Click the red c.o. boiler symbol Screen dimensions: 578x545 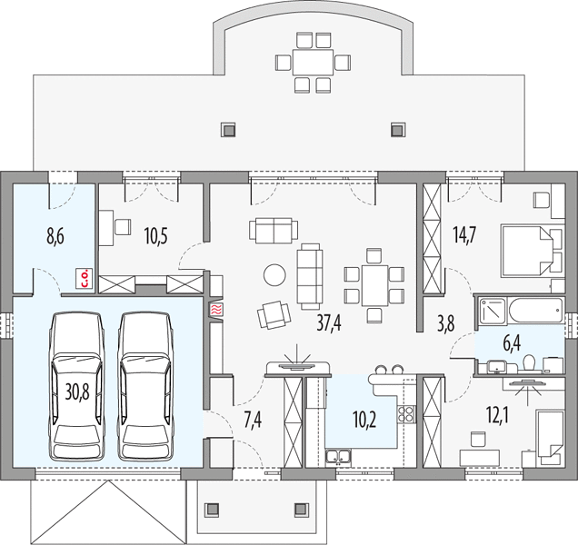pyautogui.click(x=85, y=278)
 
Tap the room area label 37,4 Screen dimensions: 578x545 pyautogui.click(x=329, y=323)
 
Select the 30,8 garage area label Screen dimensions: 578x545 pyautogui.click(x=77, y=391)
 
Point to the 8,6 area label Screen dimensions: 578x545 pyautogui.click(x=55, y=236)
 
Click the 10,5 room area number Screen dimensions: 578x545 pyautogui.click(x=156, y=236)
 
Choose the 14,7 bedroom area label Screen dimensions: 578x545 pyautogui.click(x=464, y=234)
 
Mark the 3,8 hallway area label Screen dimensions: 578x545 pyautogui.click(x=445, y=323)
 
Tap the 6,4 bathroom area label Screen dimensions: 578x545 pyautogui.click(x=512, y=343)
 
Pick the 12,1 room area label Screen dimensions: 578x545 pyautogui.click(x=498, y=416)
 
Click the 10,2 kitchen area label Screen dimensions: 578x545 pyautogui.click(x=364, y=420)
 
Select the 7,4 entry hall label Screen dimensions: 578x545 pyautogui.click(x=254, y=420)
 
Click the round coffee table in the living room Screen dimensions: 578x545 pyautogui.click(x=274, y=274)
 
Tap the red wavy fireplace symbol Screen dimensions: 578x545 pyautogui.click(x=215, y=310)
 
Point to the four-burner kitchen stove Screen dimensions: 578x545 pyautogui.click(x=406, y=413)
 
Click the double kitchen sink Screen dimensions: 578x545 pyautogui.click(x=338, y=457)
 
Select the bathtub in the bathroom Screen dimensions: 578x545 pyautogui.click(x=536, y=310)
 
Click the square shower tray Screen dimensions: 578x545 pyautogui.click(x=493, y=311)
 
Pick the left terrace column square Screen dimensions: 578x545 pyautogui.click(x=228, y=130)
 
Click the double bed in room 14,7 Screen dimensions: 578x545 pyautogui.click(x=527, y=251)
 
